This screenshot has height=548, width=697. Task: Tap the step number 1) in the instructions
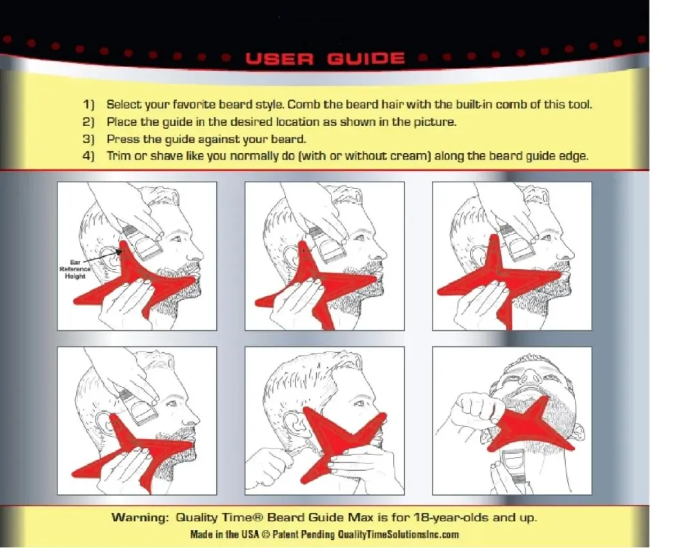pyautogui.click(x=89, y=105)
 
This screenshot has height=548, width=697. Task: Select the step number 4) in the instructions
pyautogui.click(x=89, y=156)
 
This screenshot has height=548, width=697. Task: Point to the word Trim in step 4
pyautogui.click(x=118, y=156)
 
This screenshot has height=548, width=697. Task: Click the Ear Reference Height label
pyautogui.click(x=75, y=269)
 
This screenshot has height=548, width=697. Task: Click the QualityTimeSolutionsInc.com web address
pyautogui.click(x=398, y=534)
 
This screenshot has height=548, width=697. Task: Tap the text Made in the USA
pyautogui.click(x=224, y=534)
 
